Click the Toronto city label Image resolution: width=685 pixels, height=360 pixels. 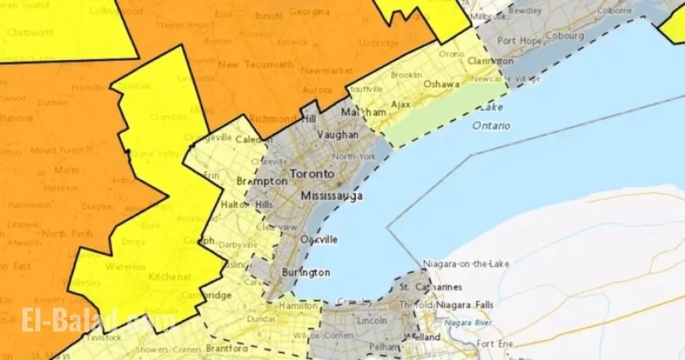(x=312, y=173)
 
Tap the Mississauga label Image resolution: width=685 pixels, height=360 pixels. (x=331, y=195)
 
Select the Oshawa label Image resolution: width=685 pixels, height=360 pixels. (x=441, y=84)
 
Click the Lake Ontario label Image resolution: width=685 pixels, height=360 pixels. (x=491, y=116)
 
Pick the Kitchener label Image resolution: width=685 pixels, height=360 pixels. (x=170, y=277)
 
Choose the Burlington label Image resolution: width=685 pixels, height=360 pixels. (x=305, y=273)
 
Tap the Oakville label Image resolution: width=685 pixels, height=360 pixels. (x=319, y=239)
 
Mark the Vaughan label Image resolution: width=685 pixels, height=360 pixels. (x=337, y=135)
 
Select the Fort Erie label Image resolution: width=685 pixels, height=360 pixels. (x=495, y=344)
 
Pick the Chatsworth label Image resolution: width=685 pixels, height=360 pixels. (x=29, y=32)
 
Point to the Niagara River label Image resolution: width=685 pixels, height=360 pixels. (x=468, y=322)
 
